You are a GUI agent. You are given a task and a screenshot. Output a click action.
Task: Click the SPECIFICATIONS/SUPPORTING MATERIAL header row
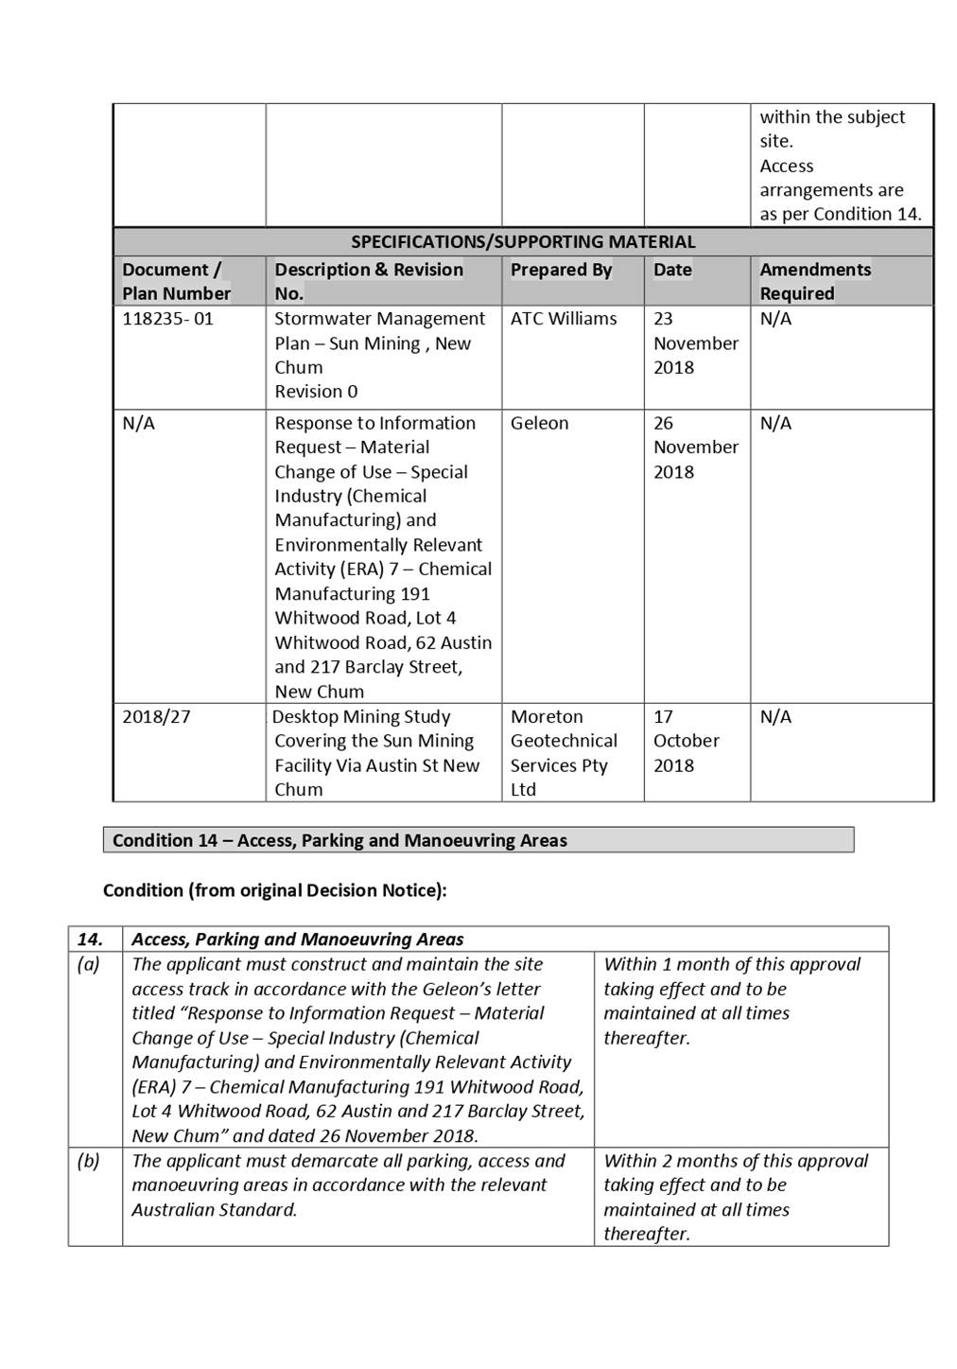pos(523,242)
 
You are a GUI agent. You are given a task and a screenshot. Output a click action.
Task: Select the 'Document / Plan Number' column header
pos(176,281)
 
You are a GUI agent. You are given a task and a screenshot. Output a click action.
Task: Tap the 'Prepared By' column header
pos(561,270)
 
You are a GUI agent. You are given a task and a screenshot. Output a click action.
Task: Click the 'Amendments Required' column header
pos(815,281)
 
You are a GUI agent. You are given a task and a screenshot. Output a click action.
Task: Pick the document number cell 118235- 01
pos(168,319)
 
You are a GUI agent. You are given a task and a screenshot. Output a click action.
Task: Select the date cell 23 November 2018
pos(695,342)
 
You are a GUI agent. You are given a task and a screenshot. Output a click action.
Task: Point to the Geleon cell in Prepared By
pos(540,423)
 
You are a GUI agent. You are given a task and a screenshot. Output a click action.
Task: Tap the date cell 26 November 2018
pos(695,447)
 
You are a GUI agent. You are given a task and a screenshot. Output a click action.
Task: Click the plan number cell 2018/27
pos(156,716)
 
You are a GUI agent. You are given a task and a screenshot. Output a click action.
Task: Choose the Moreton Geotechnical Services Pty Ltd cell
pos(564,752)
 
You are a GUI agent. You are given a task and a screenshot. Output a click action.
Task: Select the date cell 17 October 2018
pos(686,740)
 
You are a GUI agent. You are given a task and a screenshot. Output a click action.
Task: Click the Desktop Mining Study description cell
pos(376,752)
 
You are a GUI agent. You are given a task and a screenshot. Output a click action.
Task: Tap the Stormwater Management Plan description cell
pos(379,355)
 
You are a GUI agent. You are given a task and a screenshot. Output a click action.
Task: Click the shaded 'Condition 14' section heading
pos(478,840)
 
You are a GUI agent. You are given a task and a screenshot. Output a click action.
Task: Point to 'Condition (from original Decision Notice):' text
pos(274,890)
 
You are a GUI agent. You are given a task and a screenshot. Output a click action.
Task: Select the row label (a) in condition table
pos(89,964)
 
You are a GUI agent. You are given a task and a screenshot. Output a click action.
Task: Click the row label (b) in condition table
pos(89,1161)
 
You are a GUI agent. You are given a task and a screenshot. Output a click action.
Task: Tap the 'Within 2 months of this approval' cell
pos(735,1196)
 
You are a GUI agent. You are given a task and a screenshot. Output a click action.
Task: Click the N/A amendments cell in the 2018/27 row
pos(775,716)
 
